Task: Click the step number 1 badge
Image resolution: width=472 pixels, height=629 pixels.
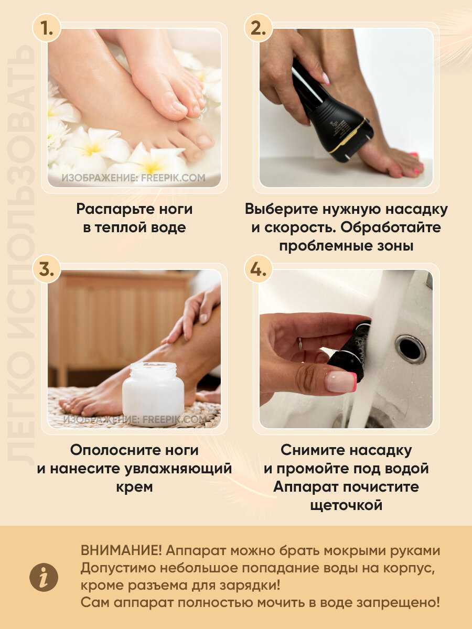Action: (x=47, y=28)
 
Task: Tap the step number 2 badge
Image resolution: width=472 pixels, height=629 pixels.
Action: (x=259, y=28)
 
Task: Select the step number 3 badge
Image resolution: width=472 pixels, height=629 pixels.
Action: (x=47, y=269)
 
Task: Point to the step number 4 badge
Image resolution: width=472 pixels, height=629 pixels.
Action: (x=259, y=269)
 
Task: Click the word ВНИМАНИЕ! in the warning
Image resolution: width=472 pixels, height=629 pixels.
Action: (x=121, y=551)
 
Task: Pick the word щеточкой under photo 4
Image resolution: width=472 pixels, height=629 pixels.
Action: (x=346, y=505)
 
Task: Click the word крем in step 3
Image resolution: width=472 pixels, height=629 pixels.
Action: (x=134, y=487)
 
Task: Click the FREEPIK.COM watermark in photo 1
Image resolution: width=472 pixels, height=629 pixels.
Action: (x=173, y=178)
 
